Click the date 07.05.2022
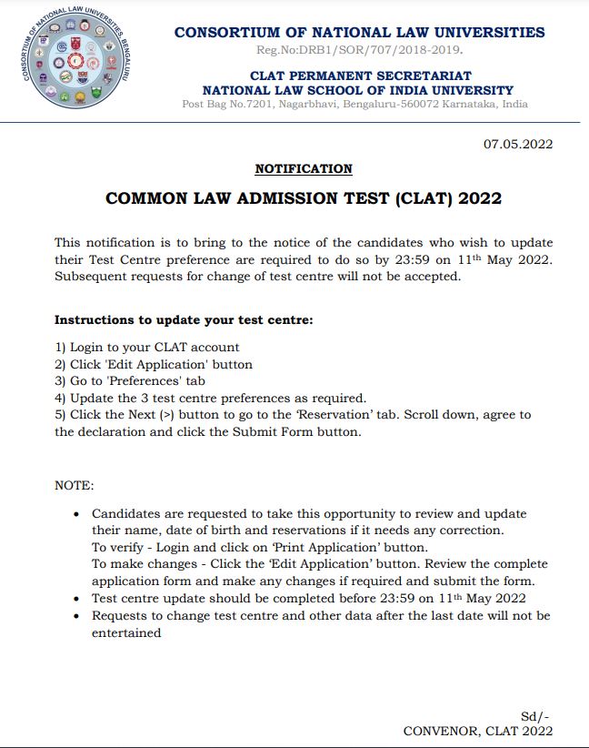517,144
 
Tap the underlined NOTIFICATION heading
303,168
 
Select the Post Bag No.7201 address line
354,104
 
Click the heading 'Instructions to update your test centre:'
185,320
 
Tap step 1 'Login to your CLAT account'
147,347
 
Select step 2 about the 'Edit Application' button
154,364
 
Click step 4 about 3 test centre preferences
210,398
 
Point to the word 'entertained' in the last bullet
126,632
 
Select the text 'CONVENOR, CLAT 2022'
477,731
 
